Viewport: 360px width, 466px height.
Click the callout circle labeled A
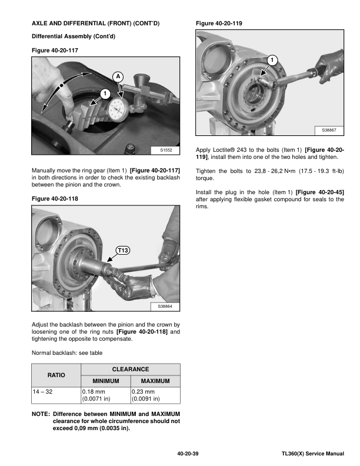click(x=118, y=77)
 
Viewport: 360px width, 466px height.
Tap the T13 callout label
click(x=123, y=251)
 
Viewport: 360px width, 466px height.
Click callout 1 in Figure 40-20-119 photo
click(x=272, y=61)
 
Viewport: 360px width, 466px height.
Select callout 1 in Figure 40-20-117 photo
click(x=105, y=94)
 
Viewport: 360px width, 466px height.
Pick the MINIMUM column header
click(x=104, y=381)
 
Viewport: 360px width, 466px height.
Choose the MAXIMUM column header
click(x=155, y=381)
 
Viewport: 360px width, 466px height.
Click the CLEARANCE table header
click(x=129, y=369)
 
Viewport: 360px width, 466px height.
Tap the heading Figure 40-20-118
click(x=55, y=199)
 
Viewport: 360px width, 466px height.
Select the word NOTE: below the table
click(x=41, y=414)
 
